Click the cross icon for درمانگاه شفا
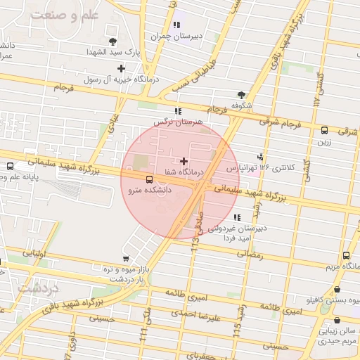(x=184, y=161)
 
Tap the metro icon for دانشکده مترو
(x=148, y=179)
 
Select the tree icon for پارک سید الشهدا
(x=112, y=42)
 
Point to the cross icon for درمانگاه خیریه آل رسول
(x=122, y=68)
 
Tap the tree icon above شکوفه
(x=242, y=94)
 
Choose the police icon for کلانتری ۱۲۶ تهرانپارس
(x=260, y=157)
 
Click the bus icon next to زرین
(x=324, y=130)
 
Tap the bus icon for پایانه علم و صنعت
(x=10, y=167)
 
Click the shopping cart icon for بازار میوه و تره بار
(x=126, y=259)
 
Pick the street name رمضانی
(x=251, y=256)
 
